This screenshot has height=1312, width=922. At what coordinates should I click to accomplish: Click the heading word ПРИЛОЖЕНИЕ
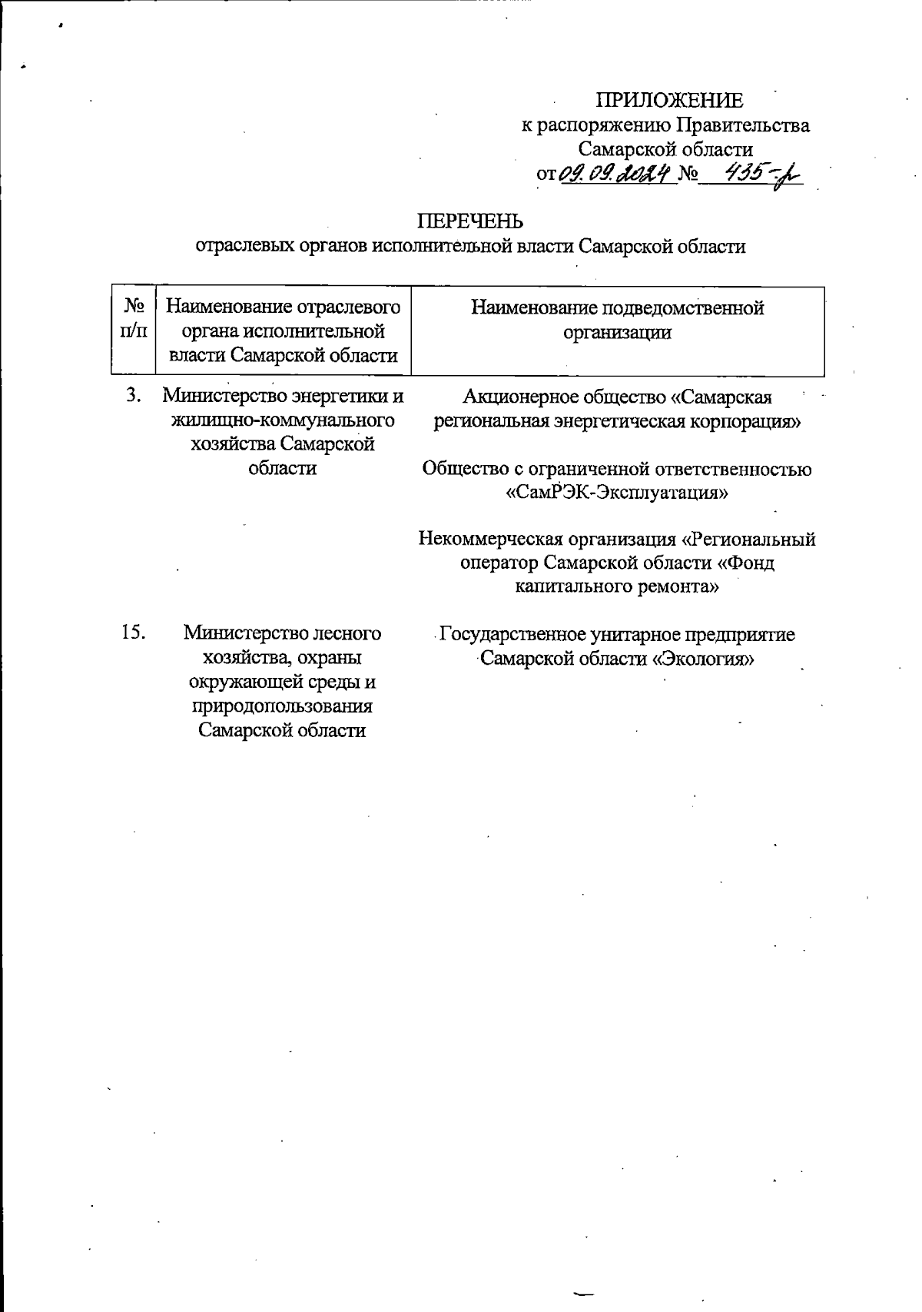click(x=670, y=101)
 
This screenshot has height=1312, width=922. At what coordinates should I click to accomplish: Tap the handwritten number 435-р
click(x=753, y=175)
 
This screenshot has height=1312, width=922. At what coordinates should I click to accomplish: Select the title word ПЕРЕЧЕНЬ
click(x=470, y=221)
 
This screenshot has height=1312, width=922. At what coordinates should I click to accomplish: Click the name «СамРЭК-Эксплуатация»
click(x=617, y=493)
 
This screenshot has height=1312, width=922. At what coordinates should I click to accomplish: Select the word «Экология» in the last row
click(x=705, y=659)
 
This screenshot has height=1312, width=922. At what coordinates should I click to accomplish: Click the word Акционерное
click(x=512, y=397)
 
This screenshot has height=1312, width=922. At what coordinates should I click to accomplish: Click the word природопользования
click(x=282, y=706)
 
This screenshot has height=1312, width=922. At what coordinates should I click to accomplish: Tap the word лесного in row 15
click(x=345, y=634)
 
